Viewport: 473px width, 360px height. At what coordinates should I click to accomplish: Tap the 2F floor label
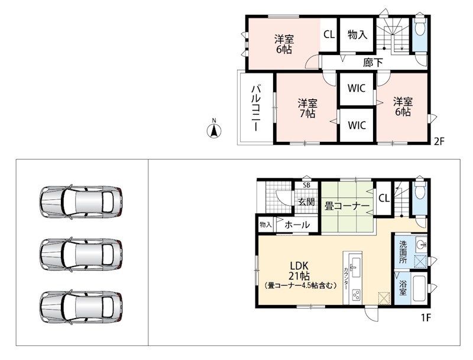pyautogui.click(x=439, y=141)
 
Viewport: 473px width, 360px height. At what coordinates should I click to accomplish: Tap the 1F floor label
pyautogui.click(x=425, y=318)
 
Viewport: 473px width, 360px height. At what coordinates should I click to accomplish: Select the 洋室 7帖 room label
pyautogui.click(x=307, y=108)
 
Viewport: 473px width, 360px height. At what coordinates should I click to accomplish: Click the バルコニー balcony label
pyautogui.click(x=256, y=108)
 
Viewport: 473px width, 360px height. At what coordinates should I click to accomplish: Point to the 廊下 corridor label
pyautogui.click(x=373, y=63)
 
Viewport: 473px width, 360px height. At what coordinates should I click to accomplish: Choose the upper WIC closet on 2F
pyautogui.click(x=357, y=89)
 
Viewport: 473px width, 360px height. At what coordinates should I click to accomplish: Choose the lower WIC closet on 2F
pyautogui.click(x=357, y=125)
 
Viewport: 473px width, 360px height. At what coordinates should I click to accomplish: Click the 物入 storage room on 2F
pyautogui.click(x=357, y=35)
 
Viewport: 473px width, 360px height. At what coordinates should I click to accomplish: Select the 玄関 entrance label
pyautogui.click(x=306, y=202)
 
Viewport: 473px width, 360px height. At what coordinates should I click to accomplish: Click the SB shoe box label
pyautogui.click(x=306, y=186)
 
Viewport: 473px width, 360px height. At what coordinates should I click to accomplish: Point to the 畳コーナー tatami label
pyautogui.click(x=347, y=206)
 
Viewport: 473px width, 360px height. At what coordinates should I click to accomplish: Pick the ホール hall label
pyautogui.click(x=297, y=225)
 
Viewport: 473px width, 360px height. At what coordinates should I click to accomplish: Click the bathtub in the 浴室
pyautogui.click(x=419, y=288)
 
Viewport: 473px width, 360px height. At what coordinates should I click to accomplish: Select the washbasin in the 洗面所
pyautogui.click(x=420, y=245)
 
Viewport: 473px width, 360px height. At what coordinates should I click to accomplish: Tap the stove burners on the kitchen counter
pyautogui.click(x=356, y=295)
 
